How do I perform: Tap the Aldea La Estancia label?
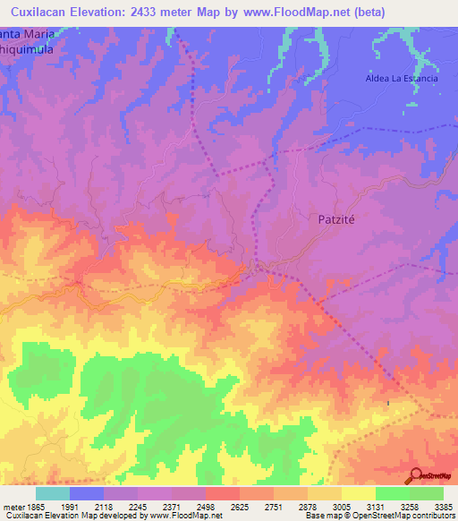pyautogui.click(x=402, y=79)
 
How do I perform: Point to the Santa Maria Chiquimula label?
pyautogui.click(x=27, y=43)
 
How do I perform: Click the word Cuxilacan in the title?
pyautogui.click(x=42, y=12)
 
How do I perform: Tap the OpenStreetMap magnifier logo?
pyautogui.click(x=415, y=475)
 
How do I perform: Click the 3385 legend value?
pyautogui.click(x=443, y=506)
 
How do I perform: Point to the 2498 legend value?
pyautogui.click(x=206, y=506)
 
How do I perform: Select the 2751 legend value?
pyautogui.click(x=274, y=506)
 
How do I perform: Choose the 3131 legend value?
pyautogui.click(x=375, y=506)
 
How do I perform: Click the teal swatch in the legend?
pyautogui.click(x=53, y=493)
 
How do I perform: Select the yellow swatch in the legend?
pyautogui.click(x=358, y=493)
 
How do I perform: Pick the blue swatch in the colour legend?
pyautogui.click(x=87, y=493)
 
